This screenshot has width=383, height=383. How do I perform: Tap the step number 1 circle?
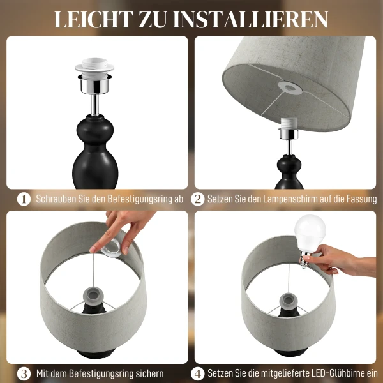tap(23, 199)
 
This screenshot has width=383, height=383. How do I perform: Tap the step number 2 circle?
tap(198, 199)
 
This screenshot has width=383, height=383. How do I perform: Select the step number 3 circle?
tap(23, 373)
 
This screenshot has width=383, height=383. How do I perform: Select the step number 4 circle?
tap(198, 373)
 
